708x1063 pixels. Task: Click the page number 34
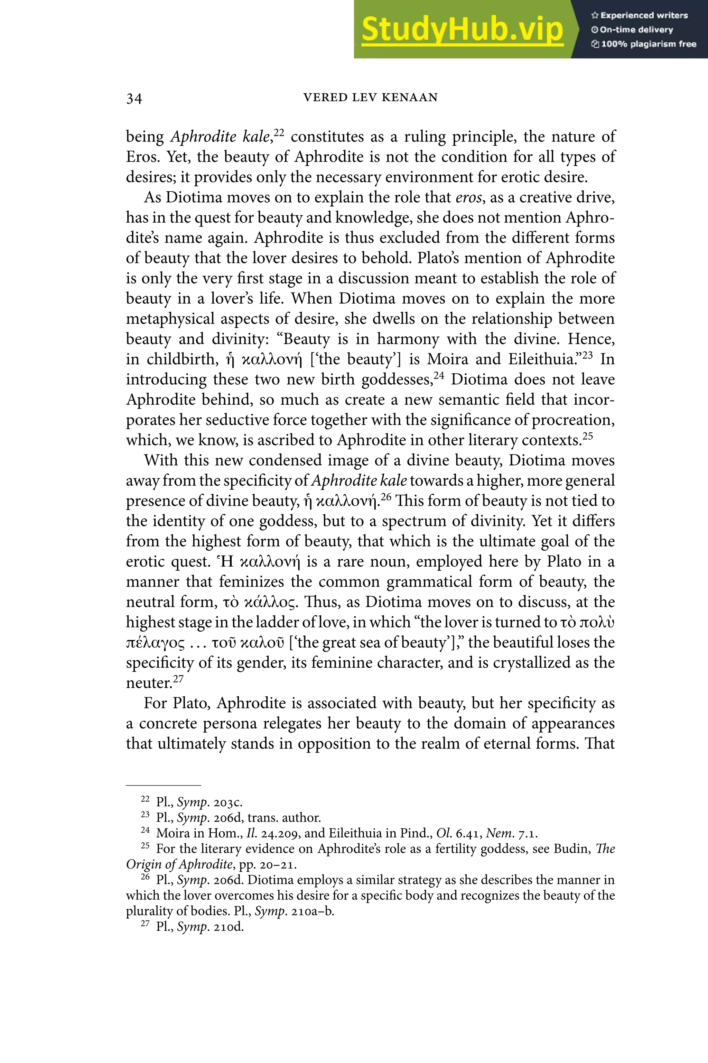click(x=134, y=99)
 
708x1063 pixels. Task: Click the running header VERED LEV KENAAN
click(x=370, y=98)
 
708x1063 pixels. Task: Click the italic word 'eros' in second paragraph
click(x=468, y=198)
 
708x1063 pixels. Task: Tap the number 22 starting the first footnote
click(x=145, y=799)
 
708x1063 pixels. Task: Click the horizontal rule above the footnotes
click(x=163, y=786)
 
